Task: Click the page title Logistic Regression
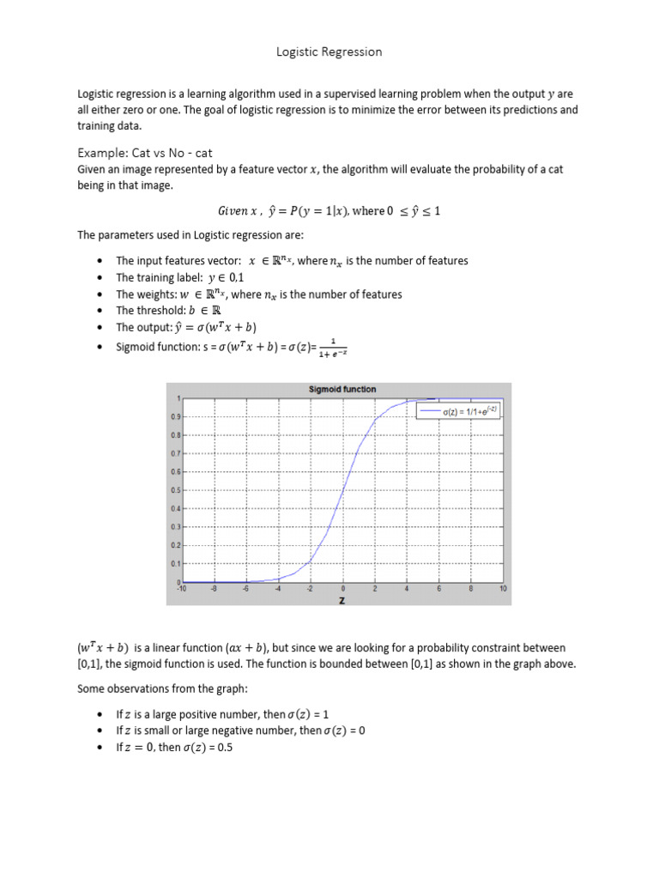pos(329,52)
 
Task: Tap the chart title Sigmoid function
pos(342,389)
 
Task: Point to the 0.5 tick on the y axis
pos(175,490)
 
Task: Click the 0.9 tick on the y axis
pos(175,416)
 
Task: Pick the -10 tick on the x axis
pos(181,590)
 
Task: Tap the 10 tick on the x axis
pos(503,590)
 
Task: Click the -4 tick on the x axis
pos(277,590)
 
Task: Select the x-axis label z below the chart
pos(342,599)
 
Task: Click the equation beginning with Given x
pos(329,211)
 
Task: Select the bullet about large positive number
pos(228,714)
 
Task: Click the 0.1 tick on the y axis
pos(175,563)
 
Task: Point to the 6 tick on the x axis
pos(438,590)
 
